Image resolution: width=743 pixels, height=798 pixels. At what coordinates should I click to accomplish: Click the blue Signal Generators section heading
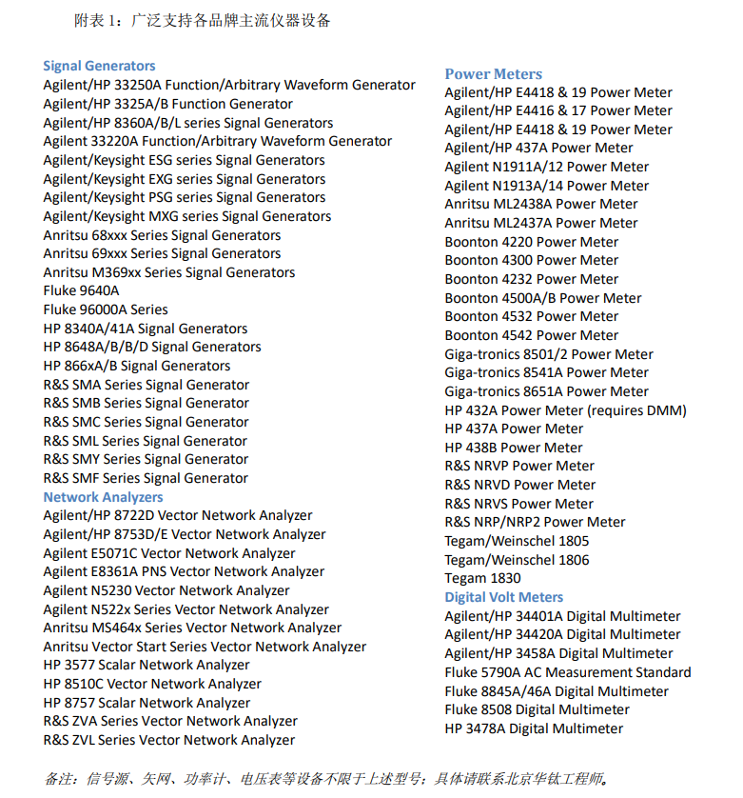(x=99, y=66)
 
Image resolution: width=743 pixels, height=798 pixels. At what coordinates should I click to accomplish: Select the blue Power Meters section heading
(x=493, y=73)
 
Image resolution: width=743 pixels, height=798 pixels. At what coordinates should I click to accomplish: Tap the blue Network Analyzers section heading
(x=103, y=497)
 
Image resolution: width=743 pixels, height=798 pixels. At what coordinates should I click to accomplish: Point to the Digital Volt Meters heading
(x=503, y=597)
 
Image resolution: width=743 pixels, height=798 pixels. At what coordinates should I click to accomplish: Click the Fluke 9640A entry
(x=81, y=290)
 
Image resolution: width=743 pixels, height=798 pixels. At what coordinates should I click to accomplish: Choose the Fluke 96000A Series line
(x=105, y=309)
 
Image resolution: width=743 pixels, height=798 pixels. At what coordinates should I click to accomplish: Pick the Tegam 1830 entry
(x=482, y=578)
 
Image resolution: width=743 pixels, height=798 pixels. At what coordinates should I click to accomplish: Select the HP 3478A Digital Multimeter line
(x=534, y=728)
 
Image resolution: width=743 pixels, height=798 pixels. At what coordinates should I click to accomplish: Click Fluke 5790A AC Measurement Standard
(x=567, y=672)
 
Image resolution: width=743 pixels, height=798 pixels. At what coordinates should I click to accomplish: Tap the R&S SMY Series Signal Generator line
(x=146, y=459)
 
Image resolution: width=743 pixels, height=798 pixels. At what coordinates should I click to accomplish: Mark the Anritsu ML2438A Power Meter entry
(x=540, y=204)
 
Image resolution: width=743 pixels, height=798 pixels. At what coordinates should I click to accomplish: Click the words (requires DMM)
(x=636, y=410)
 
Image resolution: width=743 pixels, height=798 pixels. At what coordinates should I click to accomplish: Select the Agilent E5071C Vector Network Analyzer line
(x=168, y=553)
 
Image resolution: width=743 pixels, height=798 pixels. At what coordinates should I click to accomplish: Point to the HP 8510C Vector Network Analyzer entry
(x=151, y=684)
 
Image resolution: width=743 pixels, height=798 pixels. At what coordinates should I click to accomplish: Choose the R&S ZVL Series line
(x=168, y=740)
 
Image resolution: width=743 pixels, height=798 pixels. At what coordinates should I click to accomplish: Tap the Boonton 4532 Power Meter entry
(x=531, y=316)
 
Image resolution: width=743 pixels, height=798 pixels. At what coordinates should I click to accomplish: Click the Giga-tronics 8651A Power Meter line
(x=546, y=391)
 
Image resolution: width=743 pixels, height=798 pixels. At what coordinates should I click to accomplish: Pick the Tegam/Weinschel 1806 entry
(x=517, y=560)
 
